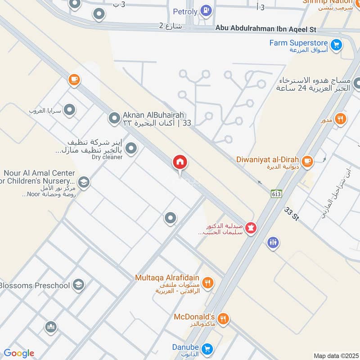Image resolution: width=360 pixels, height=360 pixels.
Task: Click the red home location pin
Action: point(180,162)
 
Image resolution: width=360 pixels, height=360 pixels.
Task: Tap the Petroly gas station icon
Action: point(206,10)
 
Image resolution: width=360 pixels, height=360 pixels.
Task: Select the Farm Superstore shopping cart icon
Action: point(336,45)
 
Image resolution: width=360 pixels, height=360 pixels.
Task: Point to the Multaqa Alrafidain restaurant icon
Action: point(207,283)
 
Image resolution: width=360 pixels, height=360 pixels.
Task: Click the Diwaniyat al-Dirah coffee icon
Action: point(307,161)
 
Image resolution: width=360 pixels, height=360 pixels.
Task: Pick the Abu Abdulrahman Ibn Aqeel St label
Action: point(266,29)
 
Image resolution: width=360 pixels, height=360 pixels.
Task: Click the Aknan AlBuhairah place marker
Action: point(114,119)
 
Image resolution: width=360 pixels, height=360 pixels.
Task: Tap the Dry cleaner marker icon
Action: point(131,148)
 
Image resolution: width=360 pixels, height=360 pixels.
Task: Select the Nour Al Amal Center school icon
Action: point(83,182)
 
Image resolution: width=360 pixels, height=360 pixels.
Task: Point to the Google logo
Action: point(19,353)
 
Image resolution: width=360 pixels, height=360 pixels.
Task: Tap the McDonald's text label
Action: point(194,317)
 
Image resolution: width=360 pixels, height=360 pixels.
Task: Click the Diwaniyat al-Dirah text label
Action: point(268,159)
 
